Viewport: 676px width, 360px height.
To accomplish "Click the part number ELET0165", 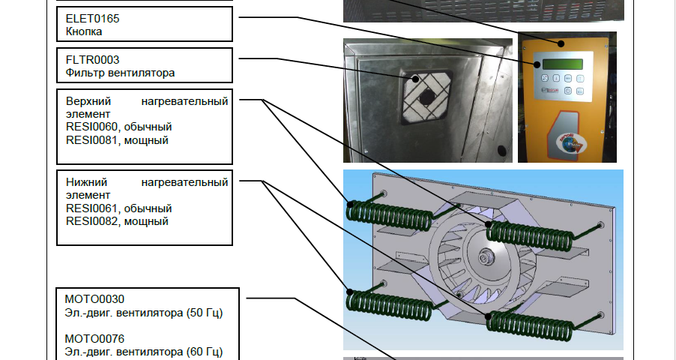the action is (x=92, y=19).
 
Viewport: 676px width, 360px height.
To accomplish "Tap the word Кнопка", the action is (x=84, y=31).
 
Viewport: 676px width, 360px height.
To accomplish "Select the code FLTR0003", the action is (x=92, y=59).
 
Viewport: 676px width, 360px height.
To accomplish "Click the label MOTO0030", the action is (x=94, y=299).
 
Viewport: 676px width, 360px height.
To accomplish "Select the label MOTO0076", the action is (x=94, y=339).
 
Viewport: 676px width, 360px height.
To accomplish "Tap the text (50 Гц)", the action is (x=205, y=313).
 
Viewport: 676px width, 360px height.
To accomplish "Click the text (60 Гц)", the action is (x=205, y=352).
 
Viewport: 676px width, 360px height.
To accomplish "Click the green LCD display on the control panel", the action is (x=563, y=64).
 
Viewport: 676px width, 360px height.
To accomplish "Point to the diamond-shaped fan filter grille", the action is (x=426, y=97).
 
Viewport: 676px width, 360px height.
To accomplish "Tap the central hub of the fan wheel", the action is (x=486, y=258).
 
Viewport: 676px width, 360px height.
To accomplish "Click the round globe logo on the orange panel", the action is (x=568, y=145).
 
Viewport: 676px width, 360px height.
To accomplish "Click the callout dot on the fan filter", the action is (x=416, y=79).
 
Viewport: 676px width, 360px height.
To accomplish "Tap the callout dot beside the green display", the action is (x=537, y=64).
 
